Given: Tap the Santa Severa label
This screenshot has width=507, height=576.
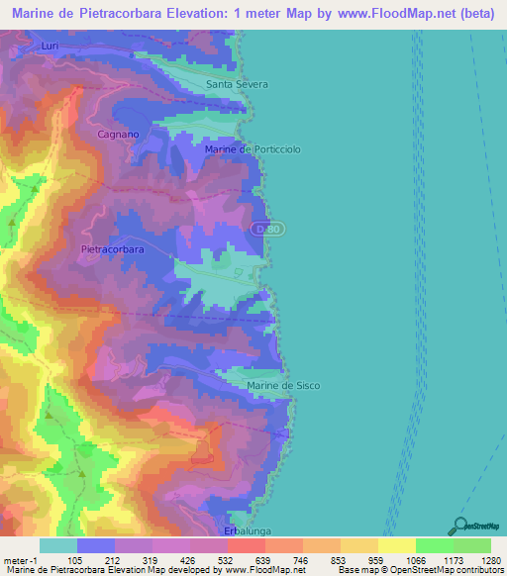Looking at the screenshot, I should click(237, 84).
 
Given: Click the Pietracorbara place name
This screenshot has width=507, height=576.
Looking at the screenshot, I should click(112, 250).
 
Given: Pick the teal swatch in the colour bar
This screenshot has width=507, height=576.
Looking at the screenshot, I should click(57, 545).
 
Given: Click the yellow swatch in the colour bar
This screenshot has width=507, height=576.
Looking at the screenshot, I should click(396, 545).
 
